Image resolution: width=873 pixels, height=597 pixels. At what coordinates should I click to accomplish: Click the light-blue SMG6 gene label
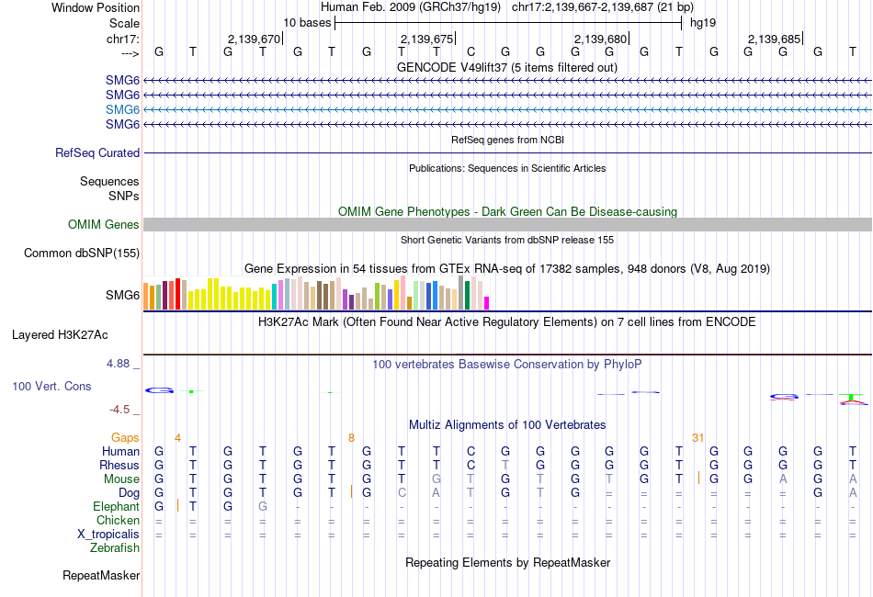122,109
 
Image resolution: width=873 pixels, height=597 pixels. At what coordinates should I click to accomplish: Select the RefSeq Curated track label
97,153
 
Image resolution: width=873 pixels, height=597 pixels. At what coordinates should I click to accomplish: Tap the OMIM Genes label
104,225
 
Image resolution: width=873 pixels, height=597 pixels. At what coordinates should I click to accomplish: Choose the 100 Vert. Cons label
51,387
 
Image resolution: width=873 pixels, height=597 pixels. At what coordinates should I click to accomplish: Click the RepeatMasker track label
101,576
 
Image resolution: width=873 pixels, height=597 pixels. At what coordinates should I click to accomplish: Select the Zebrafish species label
115,548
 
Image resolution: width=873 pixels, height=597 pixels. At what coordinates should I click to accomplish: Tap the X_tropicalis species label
108,535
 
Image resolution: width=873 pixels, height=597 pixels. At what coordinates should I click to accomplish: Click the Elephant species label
116,507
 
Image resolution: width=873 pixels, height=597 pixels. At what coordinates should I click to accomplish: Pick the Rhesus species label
119,466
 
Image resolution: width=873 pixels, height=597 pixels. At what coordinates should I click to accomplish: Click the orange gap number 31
697,438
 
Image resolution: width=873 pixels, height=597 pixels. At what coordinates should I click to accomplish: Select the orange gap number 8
351,438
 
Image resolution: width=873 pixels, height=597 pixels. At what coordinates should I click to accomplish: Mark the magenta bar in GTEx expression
487,303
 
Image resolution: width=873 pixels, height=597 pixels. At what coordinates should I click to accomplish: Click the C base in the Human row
471,452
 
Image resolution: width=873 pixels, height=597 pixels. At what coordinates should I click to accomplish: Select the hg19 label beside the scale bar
703,21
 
